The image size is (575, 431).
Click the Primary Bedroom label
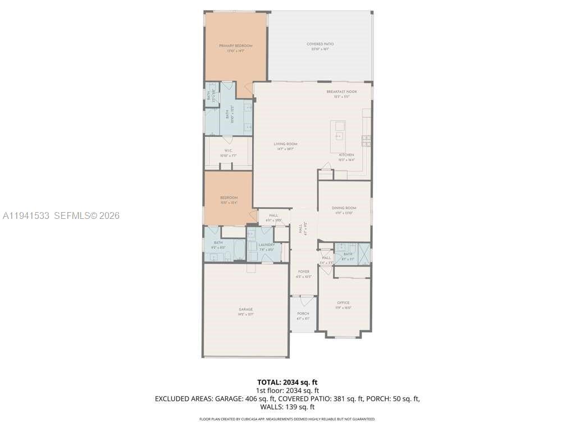click(x=235, y=45)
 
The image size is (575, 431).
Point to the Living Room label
click(x=286, y=144)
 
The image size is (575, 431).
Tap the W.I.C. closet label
click(x=228, y=151)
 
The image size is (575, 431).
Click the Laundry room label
click(x=266, y=245)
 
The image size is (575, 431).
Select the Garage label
click(x=245, y=309)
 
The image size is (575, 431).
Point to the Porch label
click(x=303, y=314)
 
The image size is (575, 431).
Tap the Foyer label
click(x=303, y=272)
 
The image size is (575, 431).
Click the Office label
click(x=343, y=303)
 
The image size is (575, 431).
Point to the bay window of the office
click(x=344, y=336)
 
